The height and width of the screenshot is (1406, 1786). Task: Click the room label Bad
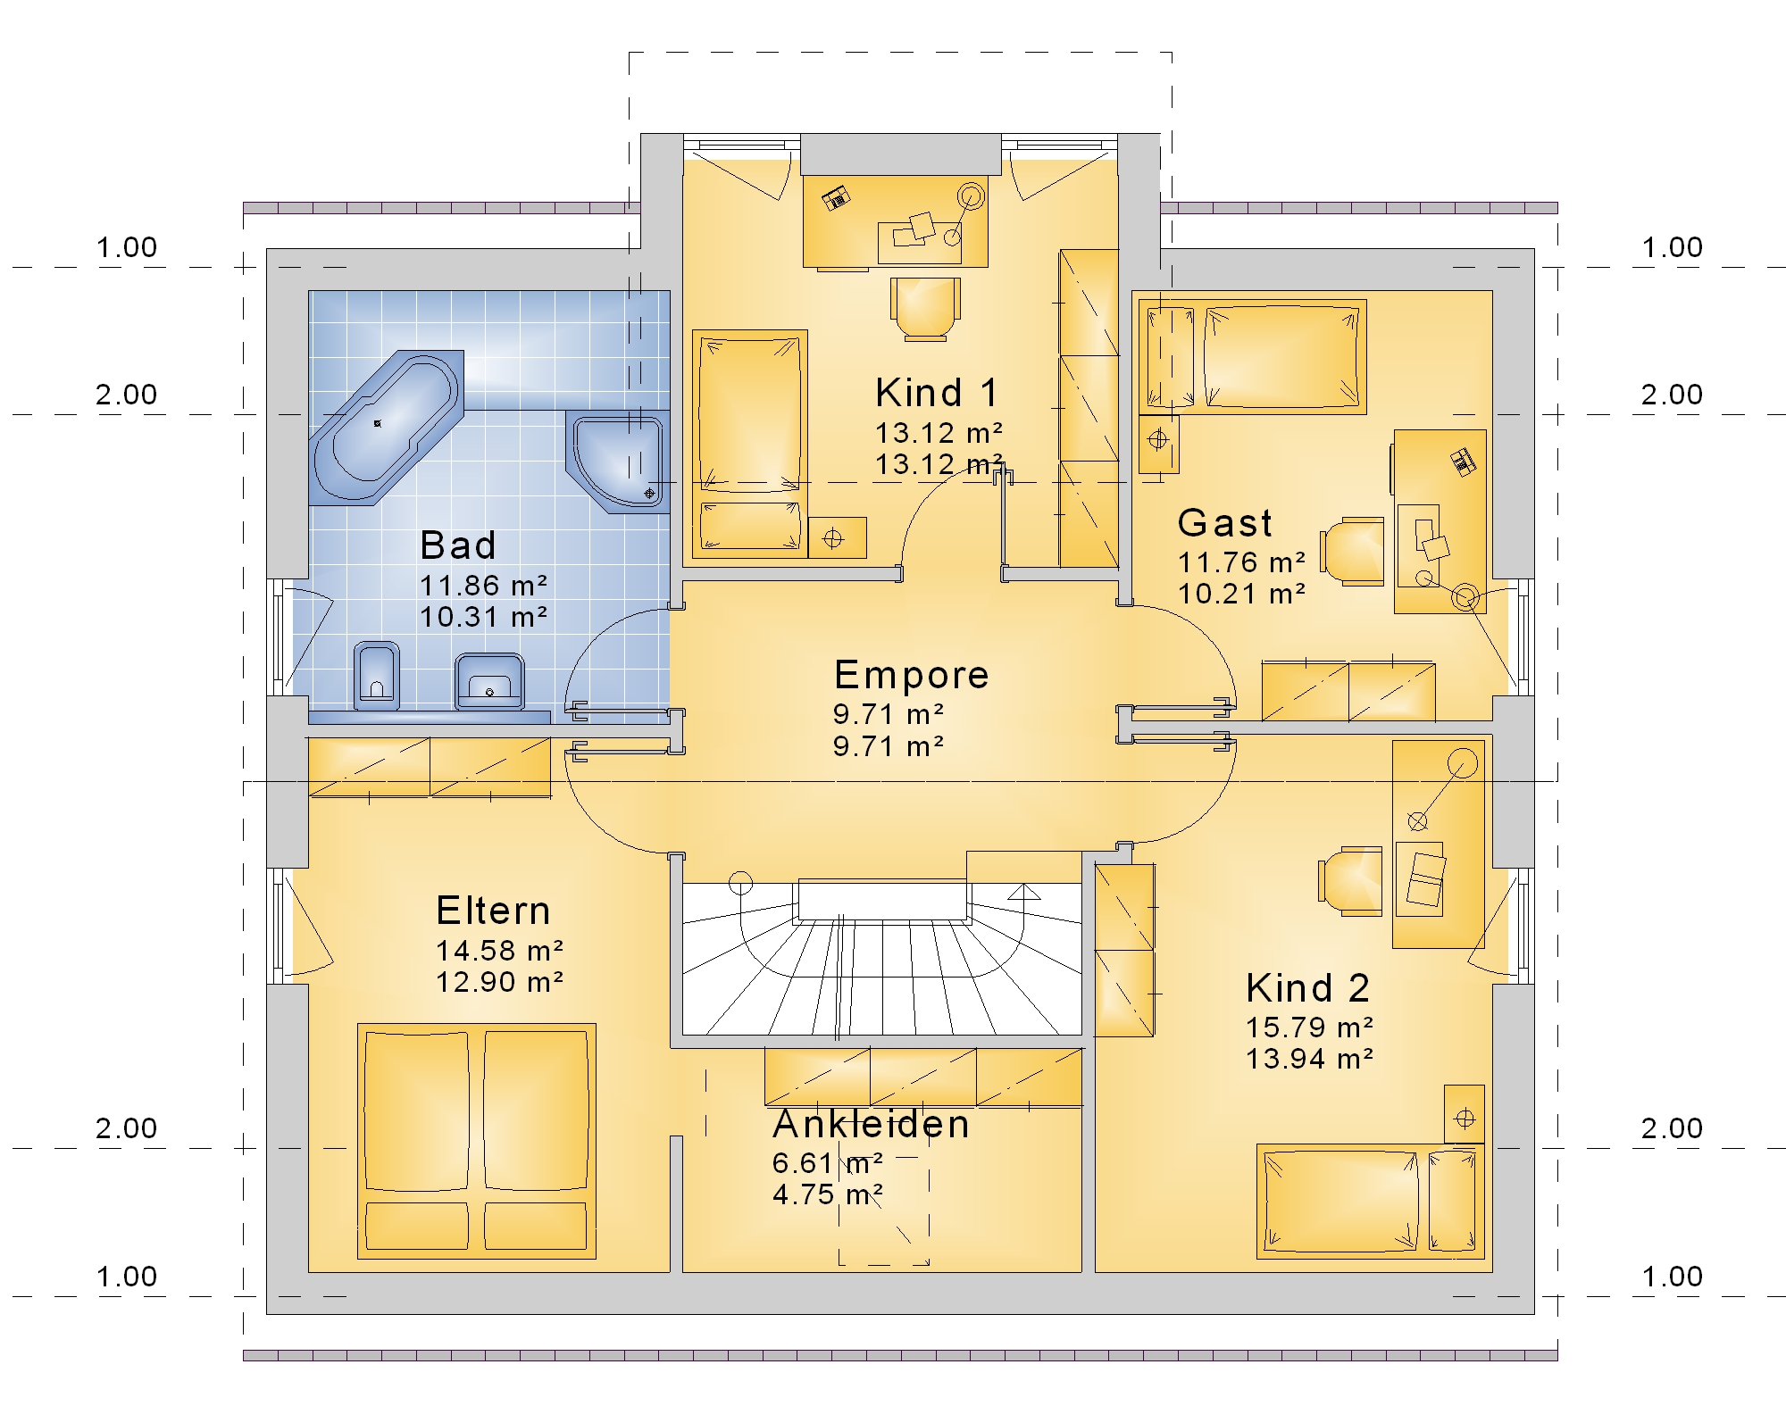point(457,545)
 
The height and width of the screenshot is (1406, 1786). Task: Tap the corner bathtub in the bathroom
point(386,427)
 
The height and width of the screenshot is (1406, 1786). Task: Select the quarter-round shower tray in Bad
point(616,462)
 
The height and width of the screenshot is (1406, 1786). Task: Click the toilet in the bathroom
point(376,676)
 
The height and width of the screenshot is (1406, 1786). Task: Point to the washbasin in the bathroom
point(489,681)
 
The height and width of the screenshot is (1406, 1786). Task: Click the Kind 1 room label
point(936,393)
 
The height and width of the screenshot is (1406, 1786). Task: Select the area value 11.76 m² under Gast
point(1241,562)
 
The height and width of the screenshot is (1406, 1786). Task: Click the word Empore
point(911,675)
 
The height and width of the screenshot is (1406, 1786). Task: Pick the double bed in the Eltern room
point(477,1141)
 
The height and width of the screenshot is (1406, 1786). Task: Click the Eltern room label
point(493,911)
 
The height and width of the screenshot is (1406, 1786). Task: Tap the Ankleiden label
point(871,1124)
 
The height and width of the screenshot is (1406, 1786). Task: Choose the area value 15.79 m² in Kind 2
point(1309,1027)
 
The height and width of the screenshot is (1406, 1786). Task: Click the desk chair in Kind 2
point(1350,882)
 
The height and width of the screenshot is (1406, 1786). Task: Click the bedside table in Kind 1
point(837,538)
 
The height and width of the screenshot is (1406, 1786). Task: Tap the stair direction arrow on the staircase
point(1025,892)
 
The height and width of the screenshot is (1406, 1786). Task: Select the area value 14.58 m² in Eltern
point(499,951)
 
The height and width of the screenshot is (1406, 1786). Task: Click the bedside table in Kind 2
point(1465,1114)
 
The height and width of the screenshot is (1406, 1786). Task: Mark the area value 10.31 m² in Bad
point(483,617)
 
